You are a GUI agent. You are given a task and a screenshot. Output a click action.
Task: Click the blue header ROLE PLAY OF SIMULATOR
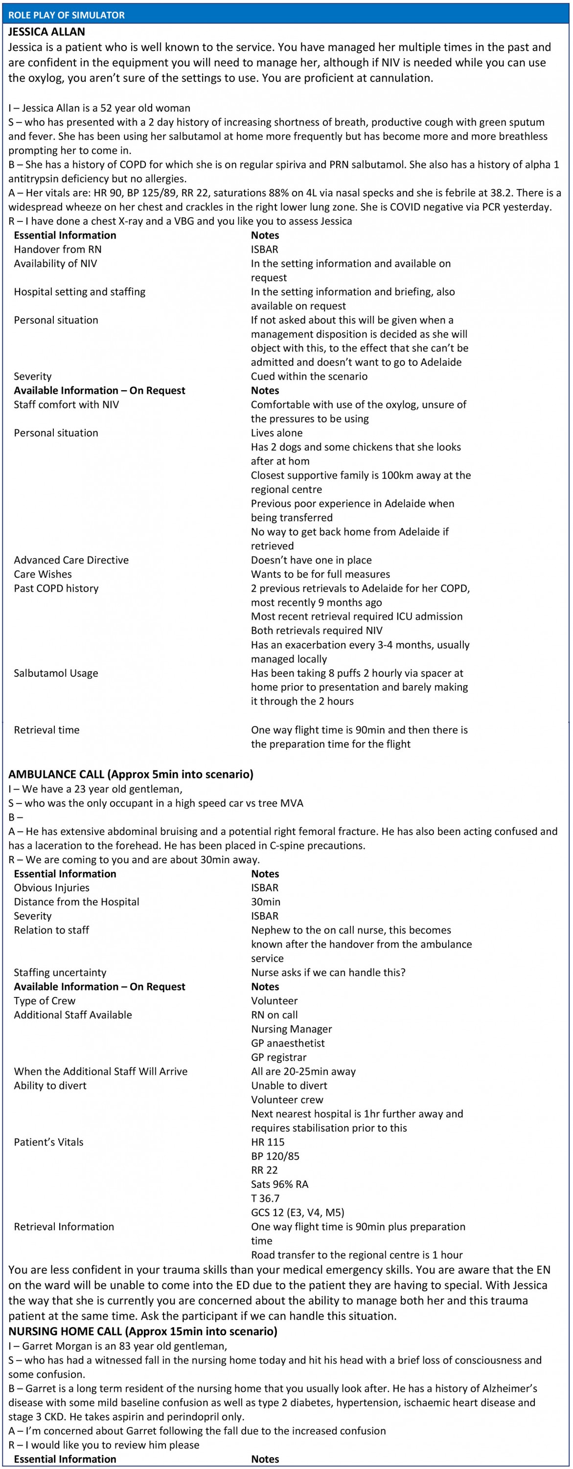click(67, 15)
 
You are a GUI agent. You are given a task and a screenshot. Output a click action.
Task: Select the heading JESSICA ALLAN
click(47, 32)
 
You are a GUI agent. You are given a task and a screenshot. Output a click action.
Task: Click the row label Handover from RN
click(58, 249)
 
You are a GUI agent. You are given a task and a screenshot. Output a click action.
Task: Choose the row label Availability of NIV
click(55, 263)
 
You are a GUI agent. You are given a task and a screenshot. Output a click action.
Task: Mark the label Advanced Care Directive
click(71, 560)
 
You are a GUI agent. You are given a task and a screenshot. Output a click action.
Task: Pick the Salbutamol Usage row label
click(56, 673)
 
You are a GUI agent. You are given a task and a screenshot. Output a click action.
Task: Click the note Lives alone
click(276, 433)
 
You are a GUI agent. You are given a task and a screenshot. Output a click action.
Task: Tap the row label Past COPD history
click(56, 588)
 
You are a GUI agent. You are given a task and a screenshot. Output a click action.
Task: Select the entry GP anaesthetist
click(288, 1043)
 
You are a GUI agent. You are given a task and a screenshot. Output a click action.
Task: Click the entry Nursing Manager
click(291, 1029)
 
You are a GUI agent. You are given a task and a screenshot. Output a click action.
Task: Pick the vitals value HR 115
click(267, 1142)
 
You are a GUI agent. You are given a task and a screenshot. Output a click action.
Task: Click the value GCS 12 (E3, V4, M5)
click(298, 1212)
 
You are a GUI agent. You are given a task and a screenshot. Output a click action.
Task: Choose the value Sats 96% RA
click(279, 1184)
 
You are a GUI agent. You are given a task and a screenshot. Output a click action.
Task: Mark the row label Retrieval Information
click(64, 1227)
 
